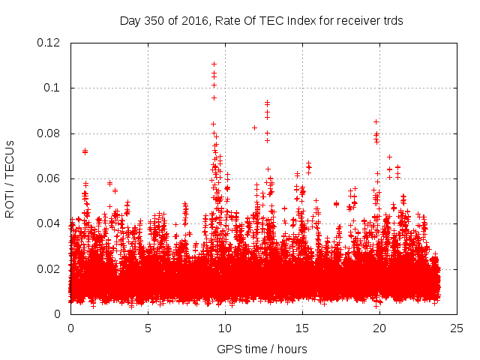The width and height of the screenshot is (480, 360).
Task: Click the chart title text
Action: [x=262, y=21]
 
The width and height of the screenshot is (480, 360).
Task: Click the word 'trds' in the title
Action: [x=391, y=21]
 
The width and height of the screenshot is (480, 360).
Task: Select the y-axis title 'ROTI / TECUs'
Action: [x=10, y=178]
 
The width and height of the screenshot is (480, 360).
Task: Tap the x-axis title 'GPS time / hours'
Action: [x=262, y=349]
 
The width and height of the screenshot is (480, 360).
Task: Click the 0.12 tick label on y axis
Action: [x=49, y=43]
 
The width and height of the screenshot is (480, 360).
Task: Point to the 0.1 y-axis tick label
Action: [x=55, y=88]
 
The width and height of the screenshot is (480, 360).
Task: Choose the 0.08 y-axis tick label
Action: [x=49, y=133]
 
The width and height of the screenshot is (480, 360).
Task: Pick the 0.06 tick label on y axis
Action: [x=49, y=178]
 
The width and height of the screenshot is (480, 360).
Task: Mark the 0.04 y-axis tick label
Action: [x=49, y=223]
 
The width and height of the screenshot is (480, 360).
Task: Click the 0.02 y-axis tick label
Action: [x=49, y=268]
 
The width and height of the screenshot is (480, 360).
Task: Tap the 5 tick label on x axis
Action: [x=148, y=328]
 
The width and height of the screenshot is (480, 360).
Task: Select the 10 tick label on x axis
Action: [x=225, y=328]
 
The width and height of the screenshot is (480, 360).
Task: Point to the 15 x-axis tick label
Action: [x=302, y=328]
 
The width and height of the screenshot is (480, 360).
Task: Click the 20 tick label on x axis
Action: [x=379, y=328]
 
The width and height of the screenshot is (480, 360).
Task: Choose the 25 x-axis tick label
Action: [x=457, y=328]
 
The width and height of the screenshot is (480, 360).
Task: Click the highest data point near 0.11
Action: [x=214, y=64]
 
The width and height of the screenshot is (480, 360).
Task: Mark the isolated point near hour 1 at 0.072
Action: [x=85, y=151]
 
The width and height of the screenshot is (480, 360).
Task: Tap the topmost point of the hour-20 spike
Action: [x=376, y=121]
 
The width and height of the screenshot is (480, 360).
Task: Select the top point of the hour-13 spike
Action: [x=267, y=102]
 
